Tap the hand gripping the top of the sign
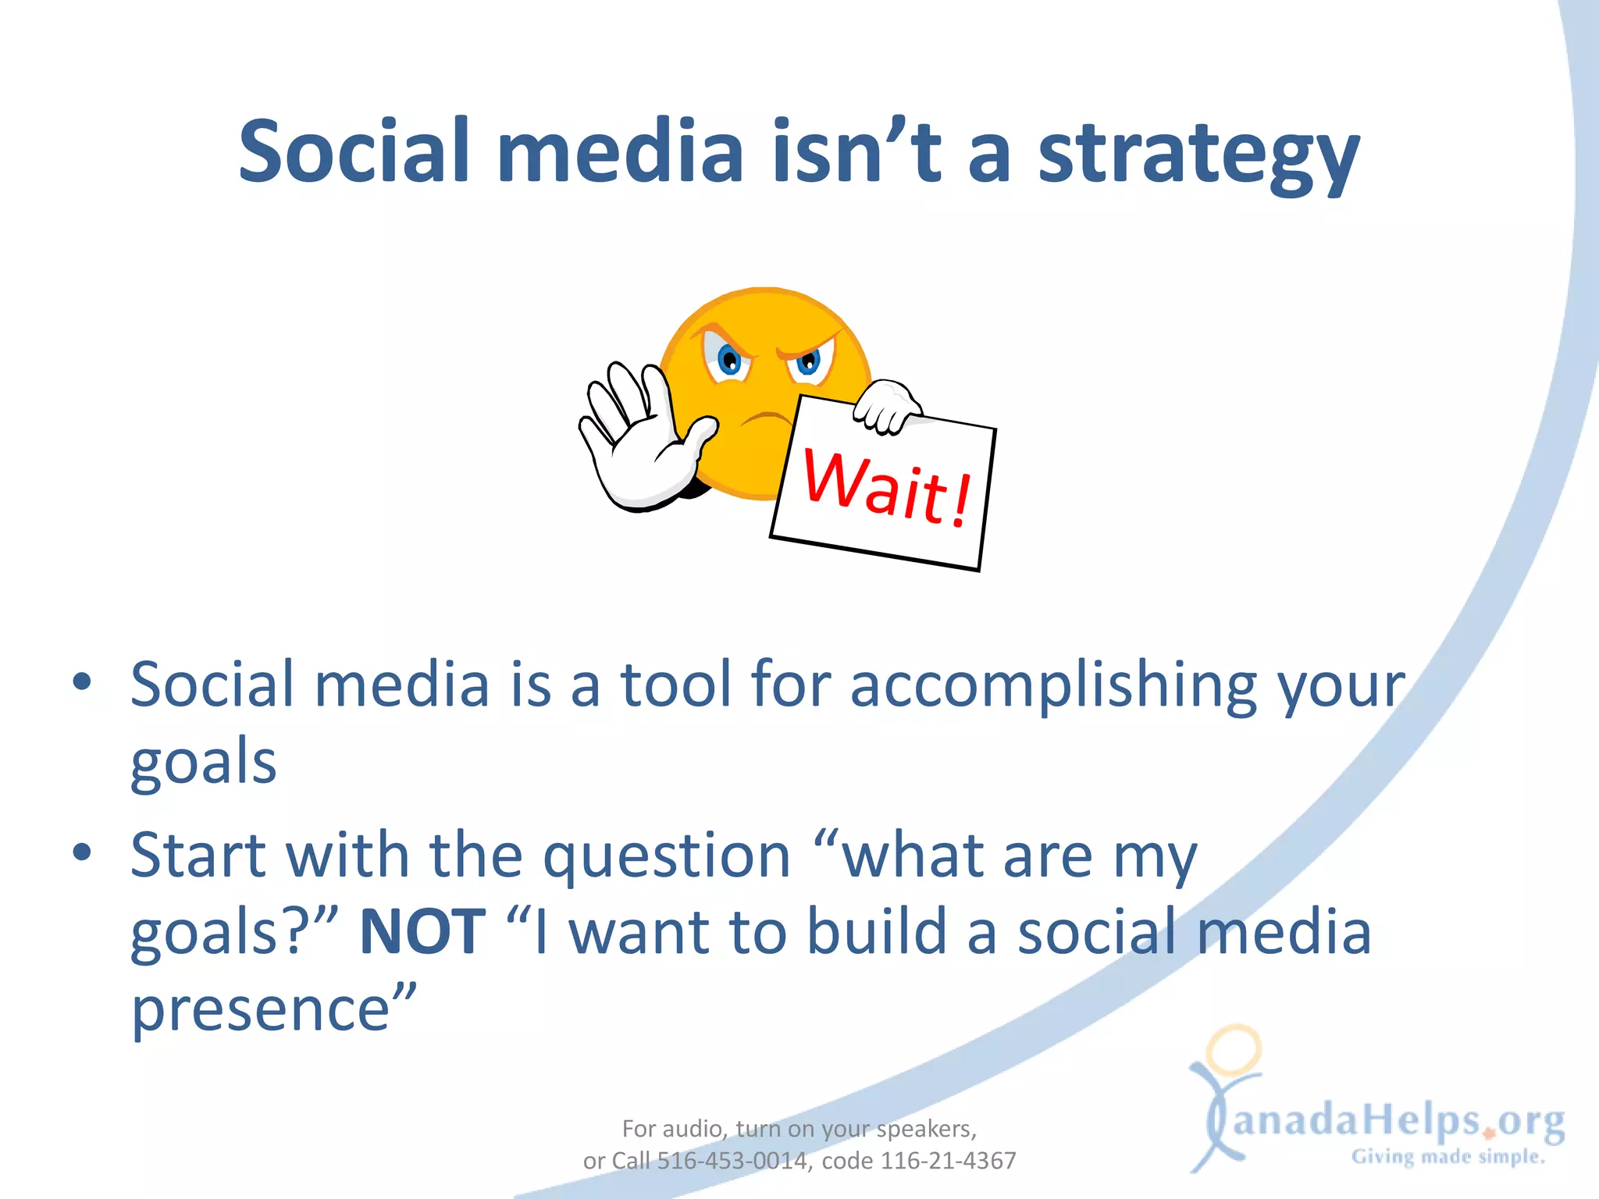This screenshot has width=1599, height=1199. (888, 404)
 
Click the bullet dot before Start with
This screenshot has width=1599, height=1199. (82, 852)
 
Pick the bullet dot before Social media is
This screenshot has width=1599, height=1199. (82, 682)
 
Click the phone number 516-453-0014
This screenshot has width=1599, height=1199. (731, 1161)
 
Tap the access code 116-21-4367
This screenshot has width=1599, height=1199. (948, 1161)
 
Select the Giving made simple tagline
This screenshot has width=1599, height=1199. (1448, 1157)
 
